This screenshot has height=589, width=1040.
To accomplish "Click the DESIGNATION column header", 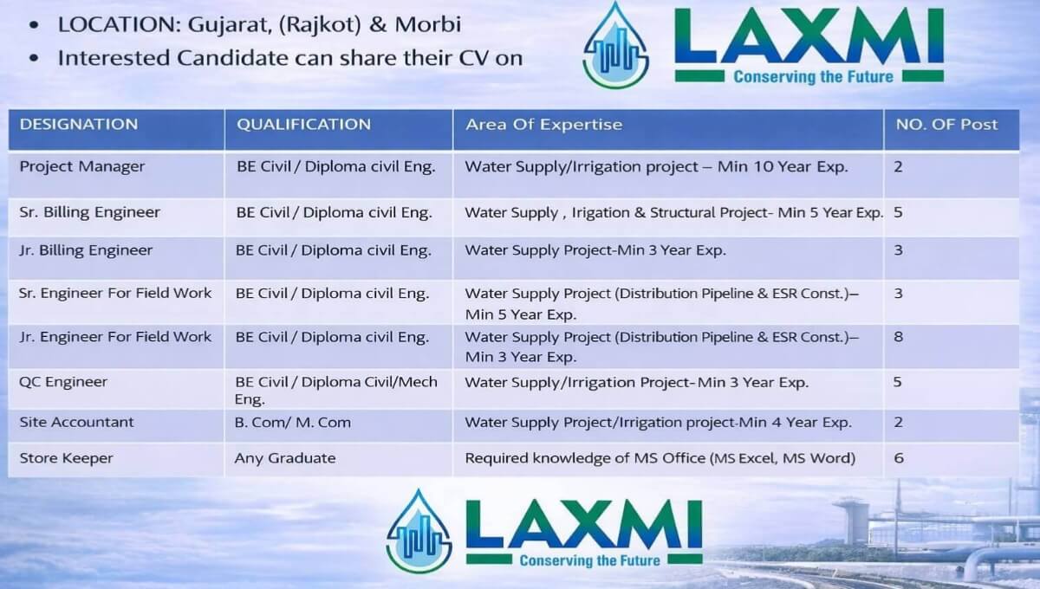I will [x=79, y=124].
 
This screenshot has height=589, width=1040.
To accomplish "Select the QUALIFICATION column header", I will [x=304, y=124].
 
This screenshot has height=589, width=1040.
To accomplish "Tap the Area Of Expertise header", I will [x=543, y=124].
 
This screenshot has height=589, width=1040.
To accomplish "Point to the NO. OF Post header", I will [x=946, y=124].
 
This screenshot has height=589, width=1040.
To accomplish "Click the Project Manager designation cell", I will [x=82, y=166].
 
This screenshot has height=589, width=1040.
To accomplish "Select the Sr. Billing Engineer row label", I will [x=90, y=211].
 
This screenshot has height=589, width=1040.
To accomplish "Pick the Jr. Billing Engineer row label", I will [x=86, y=250].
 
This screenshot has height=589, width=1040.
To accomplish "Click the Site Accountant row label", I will [x=77, y=423].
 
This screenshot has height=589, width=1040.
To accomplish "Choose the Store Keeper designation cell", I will [x=67, y=458].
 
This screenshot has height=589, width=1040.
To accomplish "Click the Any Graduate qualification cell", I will [x=285, y=458].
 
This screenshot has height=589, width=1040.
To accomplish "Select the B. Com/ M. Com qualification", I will [x=293, y=423].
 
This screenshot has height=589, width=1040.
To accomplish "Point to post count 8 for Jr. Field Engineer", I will [x=899, y=336].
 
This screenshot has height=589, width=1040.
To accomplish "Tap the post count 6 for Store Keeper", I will [x=899, y=458].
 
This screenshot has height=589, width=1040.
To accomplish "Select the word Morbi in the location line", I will [x=428, y=24].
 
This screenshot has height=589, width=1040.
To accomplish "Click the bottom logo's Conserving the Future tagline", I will [x=589, y=560].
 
